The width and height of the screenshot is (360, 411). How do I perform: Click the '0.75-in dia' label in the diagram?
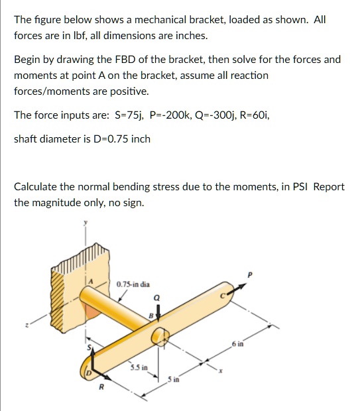[x=136, y=285]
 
